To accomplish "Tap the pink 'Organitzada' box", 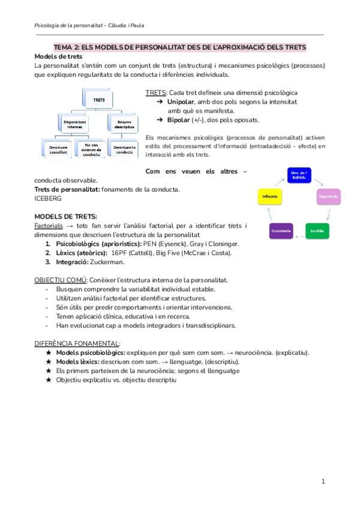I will pyautogui.click(x=328, y=196).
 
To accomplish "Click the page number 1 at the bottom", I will pyautogui.click(x=323, y=481).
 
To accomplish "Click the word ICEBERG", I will pyautogui.click(x=48, y=198).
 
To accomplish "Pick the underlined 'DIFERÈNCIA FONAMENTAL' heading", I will pyautogui.click(x=77, y=343).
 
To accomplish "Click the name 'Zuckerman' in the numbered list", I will pyautogui.click(x=109, y=262).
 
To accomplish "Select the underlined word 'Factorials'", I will pyautogui.click(x=49, y=225).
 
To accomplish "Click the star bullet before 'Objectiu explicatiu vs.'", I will pyautogui.click(x=49, y=380).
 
